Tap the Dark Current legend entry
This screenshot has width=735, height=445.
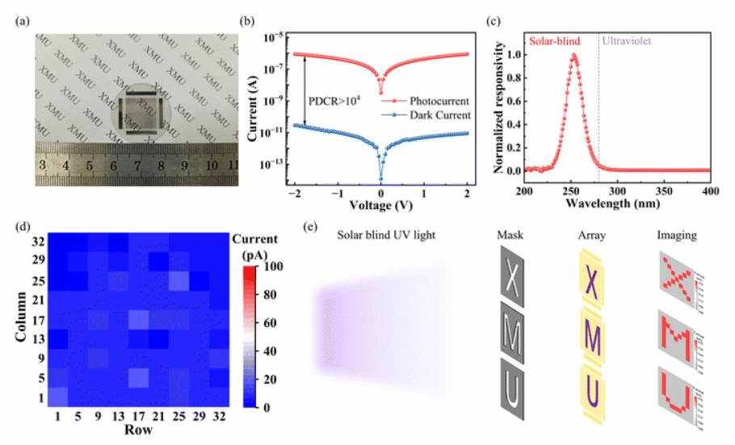(437, 115)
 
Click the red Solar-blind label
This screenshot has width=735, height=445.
(558, 39)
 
